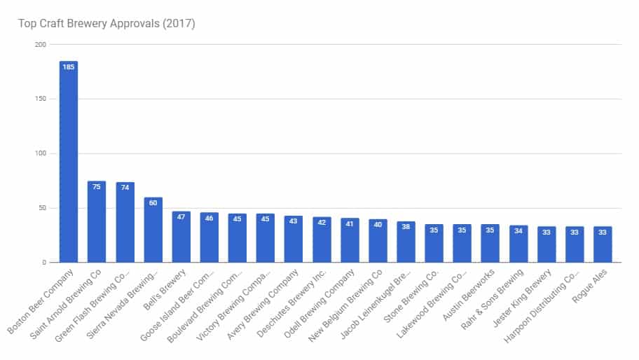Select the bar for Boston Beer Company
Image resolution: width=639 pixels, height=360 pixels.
coord(69,162)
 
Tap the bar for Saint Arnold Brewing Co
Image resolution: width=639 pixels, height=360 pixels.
coord(97,222)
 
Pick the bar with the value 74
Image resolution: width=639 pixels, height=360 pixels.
coord(125,222)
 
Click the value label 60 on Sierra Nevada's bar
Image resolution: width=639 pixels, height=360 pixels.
coord(153,203)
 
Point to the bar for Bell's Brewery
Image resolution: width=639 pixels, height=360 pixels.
coord(181,237)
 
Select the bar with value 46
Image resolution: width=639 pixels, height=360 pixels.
coord(209,237)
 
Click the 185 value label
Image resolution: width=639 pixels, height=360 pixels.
coord(69,67)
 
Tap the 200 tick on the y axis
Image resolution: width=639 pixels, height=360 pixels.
coord(41,44)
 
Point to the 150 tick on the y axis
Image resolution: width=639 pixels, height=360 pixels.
coord(41,99)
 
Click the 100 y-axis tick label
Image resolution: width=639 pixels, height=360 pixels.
coord(41,153)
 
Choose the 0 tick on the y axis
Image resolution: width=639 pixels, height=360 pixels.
coord(44,262)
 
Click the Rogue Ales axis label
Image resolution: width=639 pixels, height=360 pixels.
coord(589,286)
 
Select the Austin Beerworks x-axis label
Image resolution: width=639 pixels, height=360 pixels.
coord(468,294)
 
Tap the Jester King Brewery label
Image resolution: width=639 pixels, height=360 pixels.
coord(521,298)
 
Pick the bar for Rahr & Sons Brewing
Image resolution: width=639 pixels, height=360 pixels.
coord(518,244)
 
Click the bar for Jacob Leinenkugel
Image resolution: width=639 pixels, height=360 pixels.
coord(406,242)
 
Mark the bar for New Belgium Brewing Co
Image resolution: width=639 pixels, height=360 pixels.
coord(378,241)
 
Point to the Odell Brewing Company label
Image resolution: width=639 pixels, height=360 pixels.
coord(319,303)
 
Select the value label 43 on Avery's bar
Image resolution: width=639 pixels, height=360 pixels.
coord(293,221)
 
